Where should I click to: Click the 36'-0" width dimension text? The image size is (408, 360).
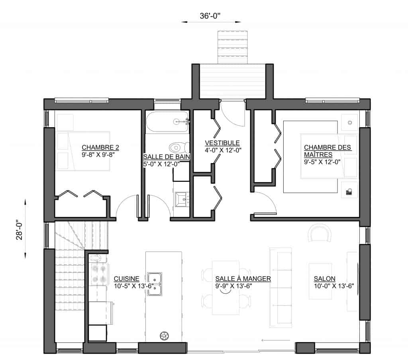pyautogui.click(x=210, y=16)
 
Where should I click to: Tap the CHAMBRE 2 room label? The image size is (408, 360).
pyautogui.click(x=100, y=148)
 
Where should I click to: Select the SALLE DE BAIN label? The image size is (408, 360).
pyautogui.click(x=167, y=157)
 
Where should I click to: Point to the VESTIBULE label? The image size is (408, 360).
pyautogui.click(x=222, y=143)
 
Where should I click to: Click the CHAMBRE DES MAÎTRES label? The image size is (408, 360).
pyautogui.click(x=328, y=151)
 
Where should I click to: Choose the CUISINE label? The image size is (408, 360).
pyautogui.click(x=126, y=279)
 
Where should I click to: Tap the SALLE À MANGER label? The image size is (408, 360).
pyautogui.click(x=243, y=279)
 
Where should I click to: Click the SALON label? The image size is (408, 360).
pyautogui.click(x=324, y=279)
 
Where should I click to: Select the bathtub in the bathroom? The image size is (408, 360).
pyautogui.click(x=167, y=122)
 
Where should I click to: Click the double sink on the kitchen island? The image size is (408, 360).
pyautogui.click(x=155, y=284)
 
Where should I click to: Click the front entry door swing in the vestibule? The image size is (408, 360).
pyautogui.click(x=233, y=114)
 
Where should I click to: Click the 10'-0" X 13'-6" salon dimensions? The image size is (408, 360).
pyautogui.click(x=334, y=286)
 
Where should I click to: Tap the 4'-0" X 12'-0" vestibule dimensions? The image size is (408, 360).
pyautogui.click(x=223, y=150)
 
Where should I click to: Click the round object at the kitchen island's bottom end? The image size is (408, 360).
pyautogui.click(x=164, y=336)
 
